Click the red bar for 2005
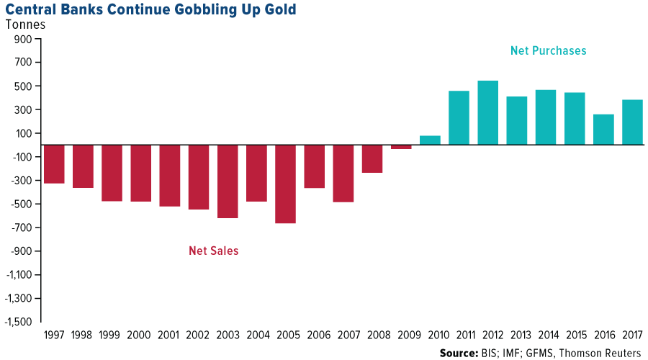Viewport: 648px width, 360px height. tap(285, 184)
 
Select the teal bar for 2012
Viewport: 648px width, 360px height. tap(488, 112)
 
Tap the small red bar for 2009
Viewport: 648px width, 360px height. tap(401, 147)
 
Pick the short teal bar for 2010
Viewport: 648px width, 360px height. tap(430, 140)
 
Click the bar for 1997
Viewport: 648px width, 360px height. tap(54, 163)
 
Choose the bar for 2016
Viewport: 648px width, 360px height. tap(603, 129)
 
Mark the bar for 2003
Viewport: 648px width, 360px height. tap(228, 181)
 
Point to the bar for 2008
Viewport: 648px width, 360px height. tap(372, 158)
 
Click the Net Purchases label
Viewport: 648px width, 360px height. tap(548, 51)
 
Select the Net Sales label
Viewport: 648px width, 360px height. tap(213, 251)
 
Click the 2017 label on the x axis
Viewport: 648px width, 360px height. tap(632, 334)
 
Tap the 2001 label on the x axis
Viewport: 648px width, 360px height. tap(170, 334)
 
